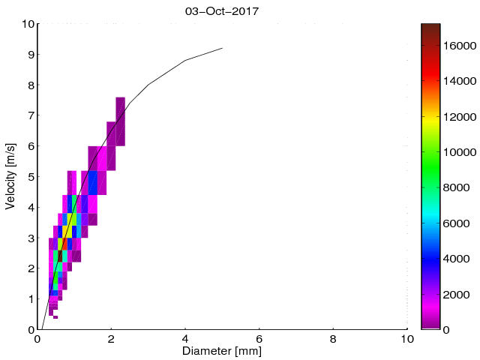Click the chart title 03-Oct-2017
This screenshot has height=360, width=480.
click(222, 11)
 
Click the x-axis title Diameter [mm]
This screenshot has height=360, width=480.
click(222, 351)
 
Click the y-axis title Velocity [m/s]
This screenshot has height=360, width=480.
click(11, 177)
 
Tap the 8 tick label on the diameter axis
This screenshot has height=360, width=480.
click(334, 338)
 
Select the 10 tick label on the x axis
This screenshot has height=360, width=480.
click(407, 338)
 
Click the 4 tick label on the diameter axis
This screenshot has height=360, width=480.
click(185, 338)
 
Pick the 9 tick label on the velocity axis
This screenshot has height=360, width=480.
click(29, 55)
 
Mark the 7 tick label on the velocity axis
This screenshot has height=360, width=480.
click(29, 115)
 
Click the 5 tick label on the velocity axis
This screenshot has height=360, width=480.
click(29, 177)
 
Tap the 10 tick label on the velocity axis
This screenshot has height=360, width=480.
click(26, 24)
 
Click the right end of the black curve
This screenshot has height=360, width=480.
click(222, 48)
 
